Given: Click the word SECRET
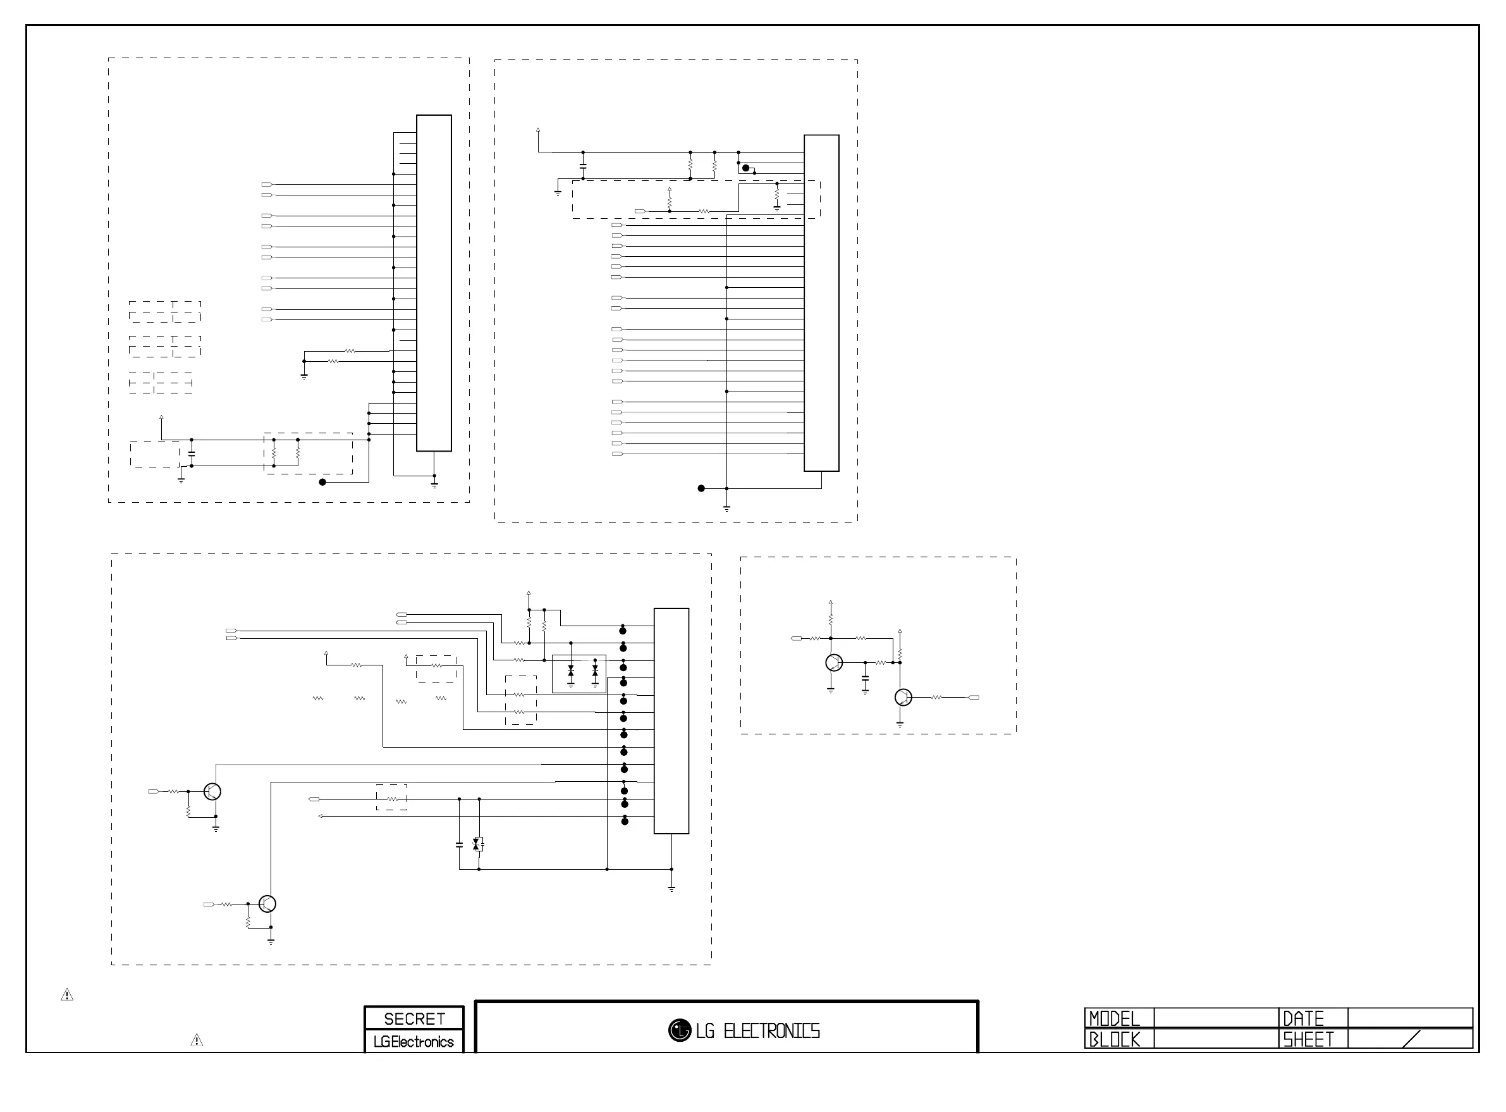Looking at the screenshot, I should pyautogui.click(x=413, y=1018).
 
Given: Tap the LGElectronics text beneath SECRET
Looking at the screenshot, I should pyautogui.click(x=413, y=1042).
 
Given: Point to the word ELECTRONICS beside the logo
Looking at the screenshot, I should pyautogui.click(x=771, y=1031).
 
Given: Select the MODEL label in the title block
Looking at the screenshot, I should pyautogui.click(x=1114, y=1018).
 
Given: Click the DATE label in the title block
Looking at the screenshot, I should pyautogui.click(x=1303, y=1018).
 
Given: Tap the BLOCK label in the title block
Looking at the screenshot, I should pyautogui.click(x=1114, y=1040).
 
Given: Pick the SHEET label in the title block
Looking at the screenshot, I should pyautogui.click(x=1307, y=1040).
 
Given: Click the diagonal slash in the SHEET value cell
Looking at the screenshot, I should pyautogui.click(x=1411, y=1039).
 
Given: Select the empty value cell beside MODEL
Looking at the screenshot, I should pyautogui.click(x=1215, y=1018).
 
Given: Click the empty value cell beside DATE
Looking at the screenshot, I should pyautogui.click(x=1410, y=1018).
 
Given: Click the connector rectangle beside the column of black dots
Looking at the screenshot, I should pyautogui.click(x=671, y=721).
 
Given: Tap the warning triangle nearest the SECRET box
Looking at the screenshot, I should pyautogui.click(x=197, y=1041).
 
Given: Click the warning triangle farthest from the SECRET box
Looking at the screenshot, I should pyautogui.click(x=67, y=995).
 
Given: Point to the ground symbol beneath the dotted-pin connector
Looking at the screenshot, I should pyautogui.click(x=671, y=889).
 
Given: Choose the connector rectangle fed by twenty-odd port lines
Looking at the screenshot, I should pyautogui.click(x=821, y=303).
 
